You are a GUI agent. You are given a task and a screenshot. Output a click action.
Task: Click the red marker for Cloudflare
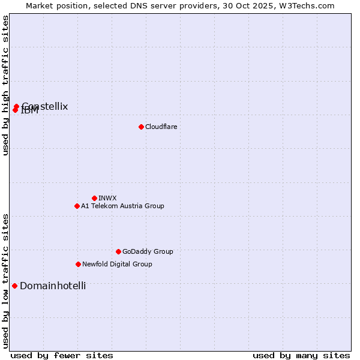tap(141, 127)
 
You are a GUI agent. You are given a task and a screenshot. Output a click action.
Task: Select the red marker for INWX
tap(94, 198)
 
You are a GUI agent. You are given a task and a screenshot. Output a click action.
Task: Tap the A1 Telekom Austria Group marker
tap(77, 206)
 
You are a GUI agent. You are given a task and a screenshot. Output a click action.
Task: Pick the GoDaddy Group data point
tap(118, 251)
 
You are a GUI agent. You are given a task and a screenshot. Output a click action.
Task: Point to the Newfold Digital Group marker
tap(78, 264)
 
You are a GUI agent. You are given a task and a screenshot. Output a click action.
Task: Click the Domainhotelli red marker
tap(14, 286)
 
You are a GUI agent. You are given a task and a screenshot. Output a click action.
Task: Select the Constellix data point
tap(17, 106)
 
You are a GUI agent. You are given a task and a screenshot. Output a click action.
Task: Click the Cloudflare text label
tap(161, 127)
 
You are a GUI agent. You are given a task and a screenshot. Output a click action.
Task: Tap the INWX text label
tap(107, 198)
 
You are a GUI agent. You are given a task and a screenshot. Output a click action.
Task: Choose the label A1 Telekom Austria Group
tap(122, 206)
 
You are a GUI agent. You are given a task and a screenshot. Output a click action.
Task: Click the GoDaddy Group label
tap(148, 251)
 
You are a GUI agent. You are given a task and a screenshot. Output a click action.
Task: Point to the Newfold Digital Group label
tap(117, 264)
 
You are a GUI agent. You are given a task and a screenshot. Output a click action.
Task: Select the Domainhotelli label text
tap(53, 286)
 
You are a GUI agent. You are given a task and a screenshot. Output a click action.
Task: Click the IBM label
tap(29, 111)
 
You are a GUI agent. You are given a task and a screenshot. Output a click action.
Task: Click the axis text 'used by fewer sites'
tap(62, 355)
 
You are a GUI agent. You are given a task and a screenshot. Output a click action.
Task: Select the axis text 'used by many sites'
tap(301, 355)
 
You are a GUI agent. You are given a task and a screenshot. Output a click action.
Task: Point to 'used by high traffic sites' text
tap(5, 85)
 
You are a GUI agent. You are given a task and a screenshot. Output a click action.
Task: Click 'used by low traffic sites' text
tap(5, 280)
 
